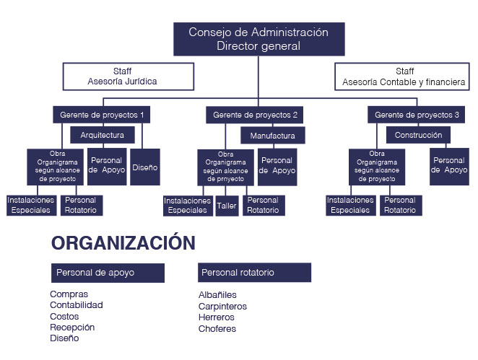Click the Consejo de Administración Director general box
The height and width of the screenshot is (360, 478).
point(258,39)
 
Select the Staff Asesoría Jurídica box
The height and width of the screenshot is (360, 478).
point(129,76)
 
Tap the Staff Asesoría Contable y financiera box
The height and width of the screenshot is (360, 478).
point(404,76)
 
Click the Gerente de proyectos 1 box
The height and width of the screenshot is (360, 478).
point(102,115)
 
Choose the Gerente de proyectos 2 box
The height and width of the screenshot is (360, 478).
point(256,115)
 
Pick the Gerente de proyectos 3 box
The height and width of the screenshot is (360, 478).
point(417,115)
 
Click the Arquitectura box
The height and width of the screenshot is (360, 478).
point(102,135)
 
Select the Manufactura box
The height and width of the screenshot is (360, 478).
point(273,136)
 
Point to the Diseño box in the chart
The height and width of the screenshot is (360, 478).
point(145,167)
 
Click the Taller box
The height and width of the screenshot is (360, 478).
point(227,206)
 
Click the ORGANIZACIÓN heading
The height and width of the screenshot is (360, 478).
point(123,243)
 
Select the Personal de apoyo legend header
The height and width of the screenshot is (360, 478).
point(108,273)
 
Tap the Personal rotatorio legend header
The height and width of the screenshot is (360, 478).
point(254,273)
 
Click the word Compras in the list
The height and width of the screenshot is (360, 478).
point(69,294)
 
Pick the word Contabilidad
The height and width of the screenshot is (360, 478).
point(77,305)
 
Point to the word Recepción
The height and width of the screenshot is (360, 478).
point(72,328)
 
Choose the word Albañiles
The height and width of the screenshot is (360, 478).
point(217,295)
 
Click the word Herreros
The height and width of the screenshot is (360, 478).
point(217,317)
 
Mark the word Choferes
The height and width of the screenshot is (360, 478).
point(217,329)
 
